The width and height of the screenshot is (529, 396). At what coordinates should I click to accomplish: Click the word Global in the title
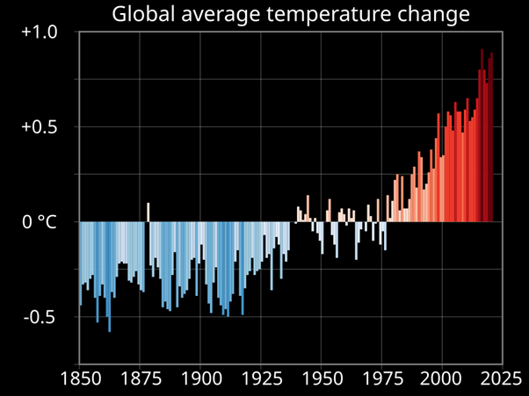tap(143, 15)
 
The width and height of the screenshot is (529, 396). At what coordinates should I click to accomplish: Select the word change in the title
tap(432, 15)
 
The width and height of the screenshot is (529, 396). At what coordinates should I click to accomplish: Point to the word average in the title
tap(223, 15)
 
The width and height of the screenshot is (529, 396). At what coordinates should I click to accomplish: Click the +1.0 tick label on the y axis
tap(39, 32)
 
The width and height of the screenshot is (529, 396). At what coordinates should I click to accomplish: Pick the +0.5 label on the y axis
tap(39, 127)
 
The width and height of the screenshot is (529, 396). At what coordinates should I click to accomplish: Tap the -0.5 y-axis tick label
tap(40, 317)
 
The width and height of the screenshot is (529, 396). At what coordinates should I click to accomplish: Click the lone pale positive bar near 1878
tap(148, 212)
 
